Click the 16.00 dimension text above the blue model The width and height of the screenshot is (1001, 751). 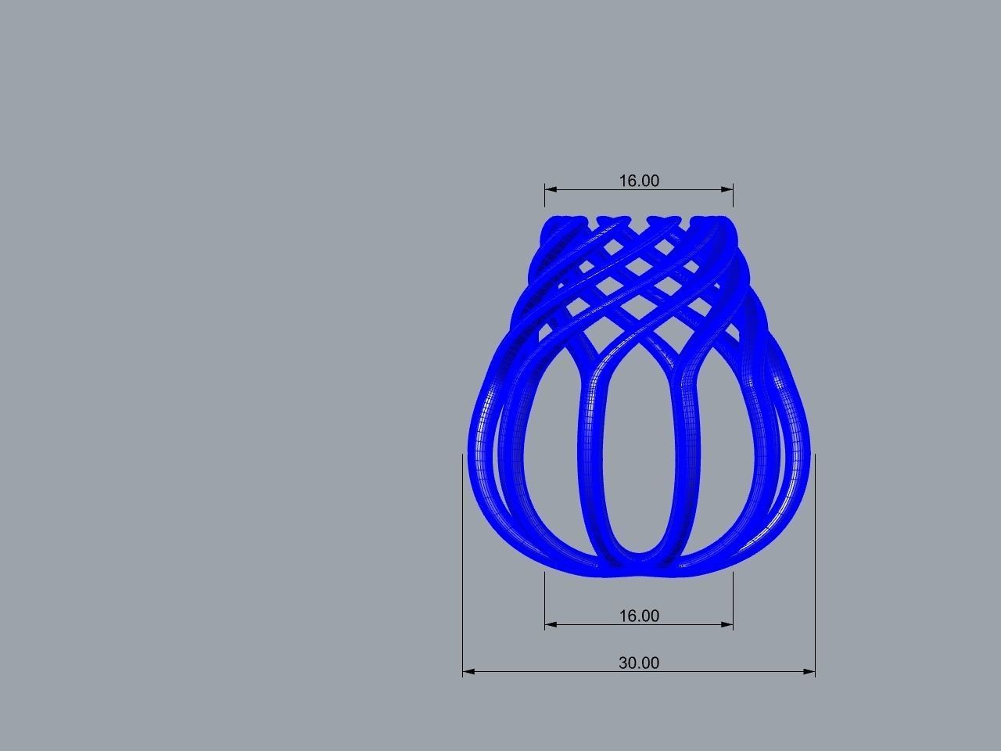tap(639, 181)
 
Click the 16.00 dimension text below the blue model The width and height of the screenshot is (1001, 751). tap(639, 616)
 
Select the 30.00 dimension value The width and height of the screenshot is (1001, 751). tap(639, 663)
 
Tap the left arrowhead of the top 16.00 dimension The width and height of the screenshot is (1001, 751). tap(550, 189)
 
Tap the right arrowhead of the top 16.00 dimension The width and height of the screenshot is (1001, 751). tap(728, 189)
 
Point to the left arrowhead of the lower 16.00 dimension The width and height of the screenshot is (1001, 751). tap(550, 624)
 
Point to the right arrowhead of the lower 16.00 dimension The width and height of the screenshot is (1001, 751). tap(728, 624)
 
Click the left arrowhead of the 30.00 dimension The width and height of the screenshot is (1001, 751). tap(468, 671)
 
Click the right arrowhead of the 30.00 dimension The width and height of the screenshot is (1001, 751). tap(810, 671)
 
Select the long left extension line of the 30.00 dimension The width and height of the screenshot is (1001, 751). tap(463, 563)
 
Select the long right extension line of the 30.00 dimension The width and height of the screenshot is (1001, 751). tap(815, 563)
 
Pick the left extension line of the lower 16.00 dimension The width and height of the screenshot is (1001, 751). tap(545, 598)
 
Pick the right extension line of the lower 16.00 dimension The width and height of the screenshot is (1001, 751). tap(733, 598)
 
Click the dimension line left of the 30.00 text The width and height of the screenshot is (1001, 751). tap(540, 671)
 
